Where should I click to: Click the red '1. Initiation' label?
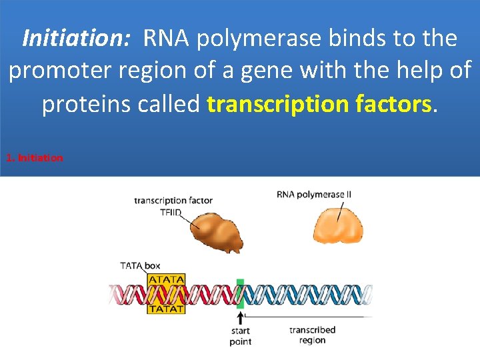coord(34,158)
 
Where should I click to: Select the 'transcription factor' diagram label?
coord(173,200)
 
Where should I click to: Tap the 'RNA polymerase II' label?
coord(314,195)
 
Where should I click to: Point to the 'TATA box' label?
coord(140,266)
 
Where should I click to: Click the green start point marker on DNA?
coord(240,293)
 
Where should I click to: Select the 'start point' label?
coord(240,336)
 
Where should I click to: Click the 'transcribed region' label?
coord(312,335)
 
